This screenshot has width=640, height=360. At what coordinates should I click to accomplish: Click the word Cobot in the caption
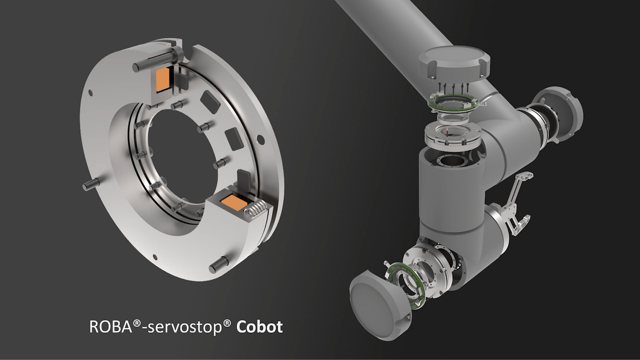click(259, 327)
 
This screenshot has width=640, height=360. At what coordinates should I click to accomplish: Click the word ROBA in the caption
click(111, 327)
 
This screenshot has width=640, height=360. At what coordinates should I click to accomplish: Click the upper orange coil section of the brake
click(163, 80)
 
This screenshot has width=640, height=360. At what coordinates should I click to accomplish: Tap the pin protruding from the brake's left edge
click(91, 184)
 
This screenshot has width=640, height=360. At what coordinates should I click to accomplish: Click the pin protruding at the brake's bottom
click(219, 265)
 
